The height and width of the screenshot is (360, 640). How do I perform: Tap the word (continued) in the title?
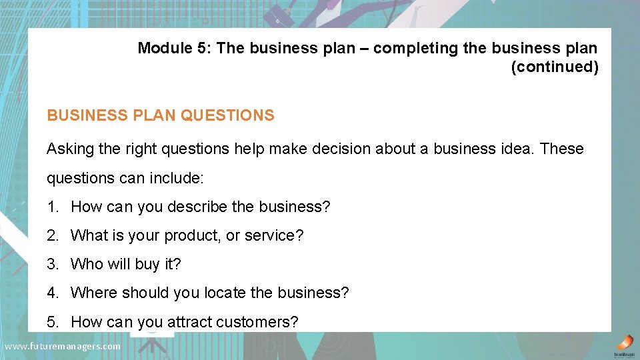point(554,67)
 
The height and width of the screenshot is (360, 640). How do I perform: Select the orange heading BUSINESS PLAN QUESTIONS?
point(160,115)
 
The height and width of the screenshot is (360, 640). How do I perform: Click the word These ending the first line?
point(562,149)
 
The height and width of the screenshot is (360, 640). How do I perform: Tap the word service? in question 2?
point(274,235)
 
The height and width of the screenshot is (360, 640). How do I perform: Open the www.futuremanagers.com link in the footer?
point(62,347)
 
